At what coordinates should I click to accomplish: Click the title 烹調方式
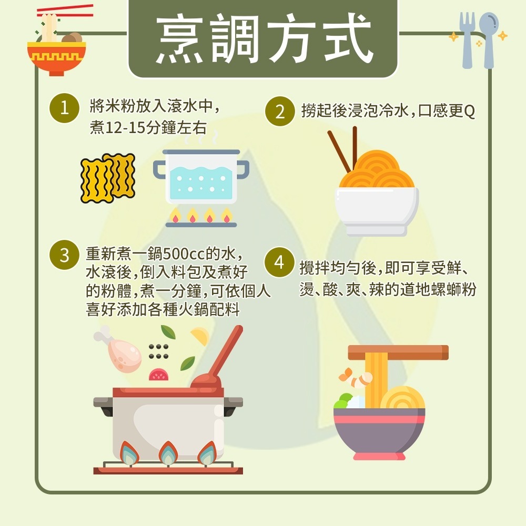point(263,39)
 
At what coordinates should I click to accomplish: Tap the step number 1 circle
point(64,109)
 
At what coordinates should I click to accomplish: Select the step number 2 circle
point(280,112)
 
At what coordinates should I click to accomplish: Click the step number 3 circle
point(64,256)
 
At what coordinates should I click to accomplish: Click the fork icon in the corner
point(467,39)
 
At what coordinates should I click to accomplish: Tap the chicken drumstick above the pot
point(121,349)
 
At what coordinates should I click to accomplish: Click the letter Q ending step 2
point(469,112)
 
